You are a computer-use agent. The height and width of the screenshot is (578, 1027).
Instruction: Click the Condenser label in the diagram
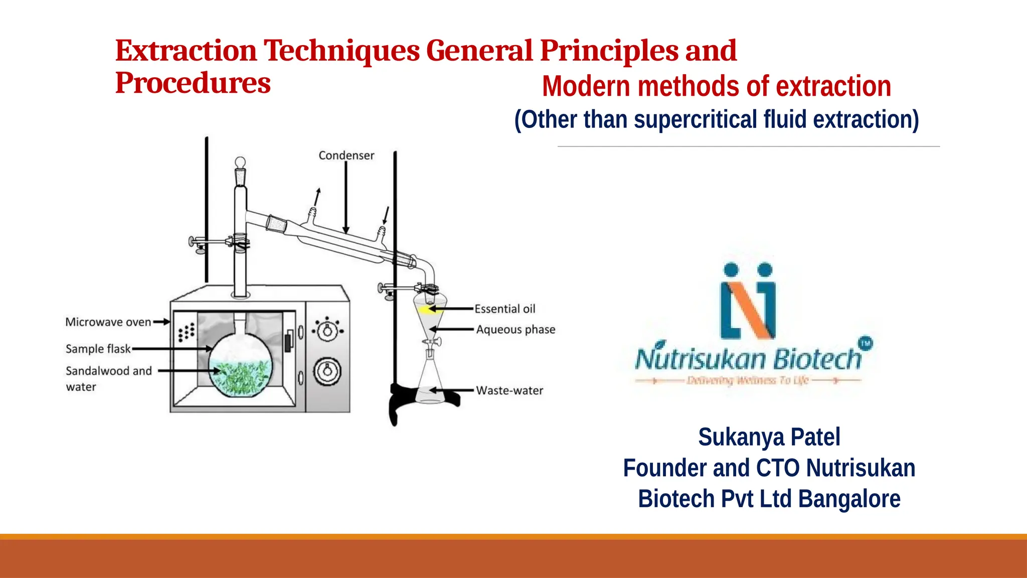346,156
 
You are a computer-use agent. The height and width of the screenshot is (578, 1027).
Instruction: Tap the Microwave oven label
108,322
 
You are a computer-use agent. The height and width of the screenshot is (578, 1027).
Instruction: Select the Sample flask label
98,349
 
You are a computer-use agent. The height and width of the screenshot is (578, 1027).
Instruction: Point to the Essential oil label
504,309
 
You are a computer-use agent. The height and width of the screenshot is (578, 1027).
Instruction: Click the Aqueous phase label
516,330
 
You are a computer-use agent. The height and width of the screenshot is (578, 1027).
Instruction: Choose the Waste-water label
509,390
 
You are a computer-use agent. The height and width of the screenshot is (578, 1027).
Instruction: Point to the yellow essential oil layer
426,310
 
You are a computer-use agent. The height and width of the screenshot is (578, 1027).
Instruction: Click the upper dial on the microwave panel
327,330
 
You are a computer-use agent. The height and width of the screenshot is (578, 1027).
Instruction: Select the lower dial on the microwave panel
327,371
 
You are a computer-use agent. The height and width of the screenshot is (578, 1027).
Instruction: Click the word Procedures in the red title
193,83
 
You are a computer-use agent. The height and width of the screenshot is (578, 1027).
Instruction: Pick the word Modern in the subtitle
586,86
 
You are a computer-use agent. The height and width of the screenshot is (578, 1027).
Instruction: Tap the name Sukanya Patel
769,437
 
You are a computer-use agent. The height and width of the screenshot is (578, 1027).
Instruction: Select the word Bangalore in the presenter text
849,499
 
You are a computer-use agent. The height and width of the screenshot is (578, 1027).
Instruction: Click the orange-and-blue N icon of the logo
748,301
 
